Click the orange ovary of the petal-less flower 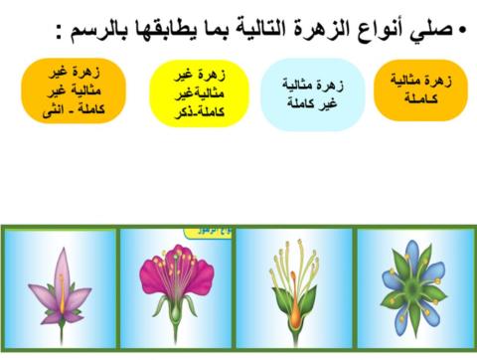click(294, 315)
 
